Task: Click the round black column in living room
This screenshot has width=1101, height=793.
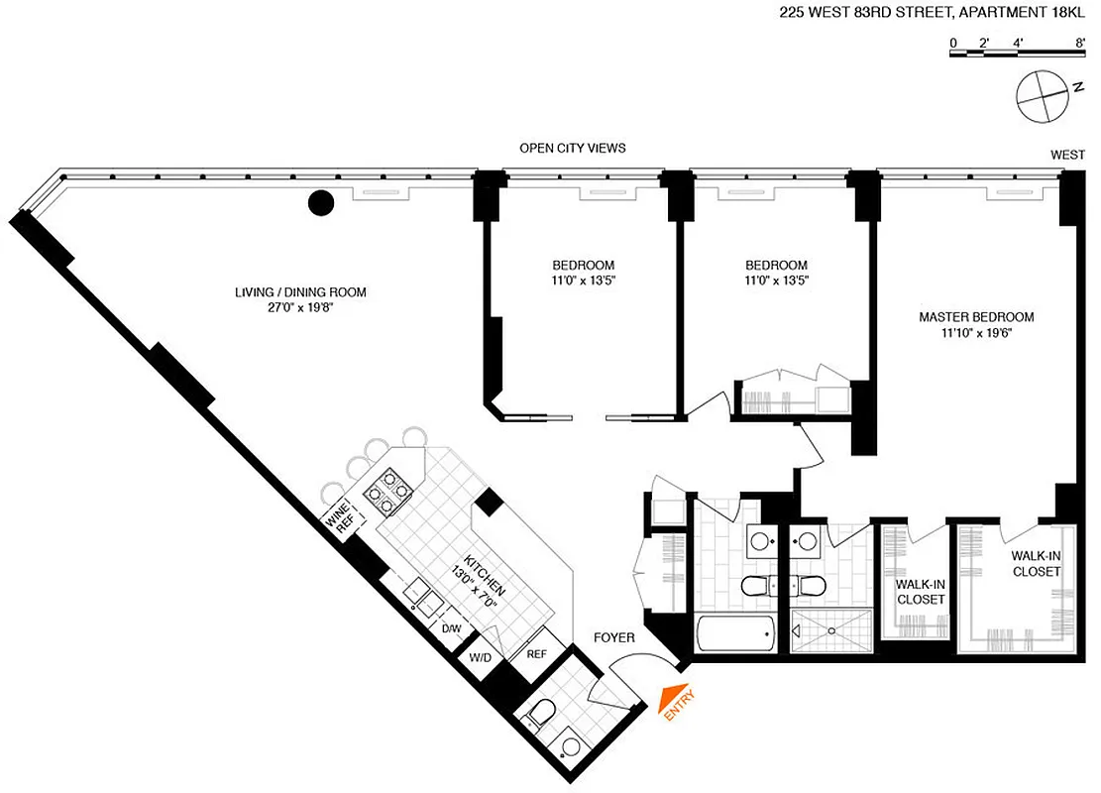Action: pos(320,204)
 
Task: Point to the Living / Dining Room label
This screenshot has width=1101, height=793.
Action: pos(300,300)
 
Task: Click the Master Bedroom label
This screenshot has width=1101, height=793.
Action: pos(975,325)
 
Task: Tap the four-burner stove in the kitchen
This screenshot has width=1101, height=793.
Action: pos(389,490)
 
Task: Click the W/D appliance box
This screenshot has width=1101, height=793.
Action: pos(481,658)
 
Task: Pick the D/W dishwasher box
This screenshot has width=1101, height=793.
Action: pos(451,628)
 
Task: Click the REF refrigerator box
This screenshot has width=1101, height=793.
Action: pos(536,654)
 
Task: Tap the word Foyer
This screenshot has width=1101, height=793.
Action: pos(614,637)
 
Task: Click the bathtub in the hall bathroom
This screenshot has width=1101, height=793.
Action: pos(734,631)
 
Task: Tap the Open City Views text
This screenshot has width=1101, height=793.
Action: pos(573,149)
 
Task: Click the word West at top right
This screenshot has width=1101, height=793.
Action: pos(1068,155)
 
